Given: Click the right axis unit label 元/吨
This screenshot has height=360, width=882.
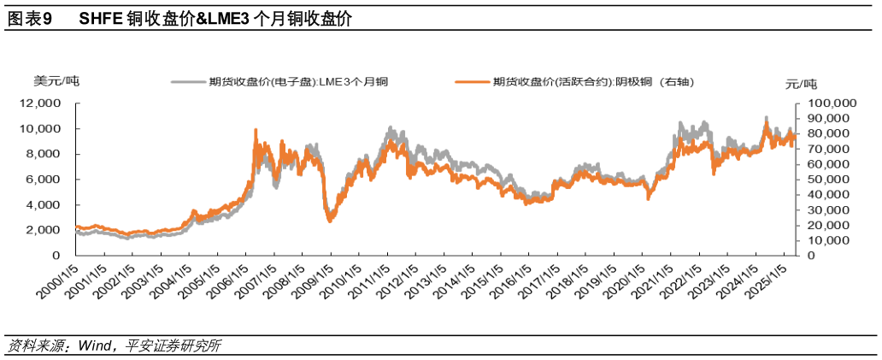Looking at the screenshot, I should (801, 84).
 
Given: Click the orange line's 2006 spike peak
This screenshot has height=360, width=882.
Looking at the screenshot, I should (256, 130).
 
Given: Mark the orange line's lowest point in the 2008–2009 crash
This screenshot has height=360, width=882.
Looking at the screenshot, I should (330, 221).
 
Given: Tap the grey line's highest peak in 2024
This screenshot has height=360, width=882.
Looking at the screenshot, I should (766, 117).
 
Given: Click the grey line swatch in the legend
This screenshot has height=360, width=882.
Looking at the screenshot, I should (187, 82).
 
